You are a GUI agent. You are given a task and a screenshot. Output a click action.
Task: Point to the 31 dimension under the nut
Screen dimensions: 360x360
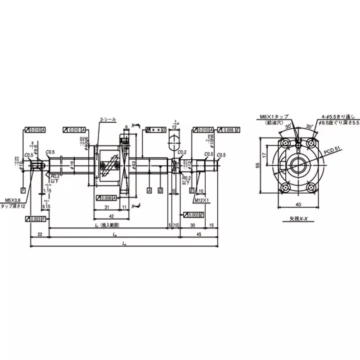(x=106, y=207)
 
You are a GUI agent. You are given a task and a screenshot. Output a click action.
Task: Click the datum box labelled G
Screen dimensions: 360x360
(x=160, y=190)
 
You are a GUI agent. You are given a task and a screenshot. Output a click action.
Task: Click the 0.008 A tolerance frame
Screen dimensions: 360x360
(x=107, y=198)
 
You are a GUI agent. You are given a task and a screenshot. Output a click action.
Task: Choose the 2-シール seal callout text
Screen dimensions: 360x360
(x=108, y=120)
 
